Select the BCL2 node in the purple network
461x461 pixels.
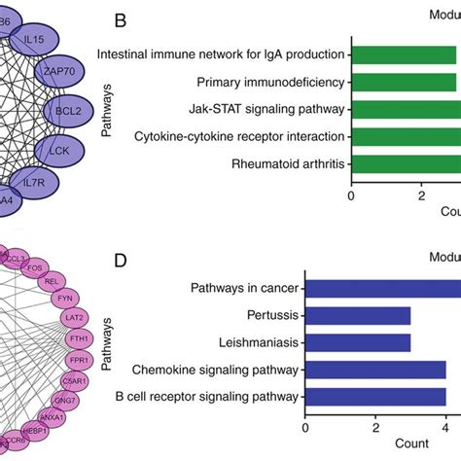coord(69,111)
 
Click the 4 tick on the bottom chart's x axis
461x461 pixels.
coord(445,424)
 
